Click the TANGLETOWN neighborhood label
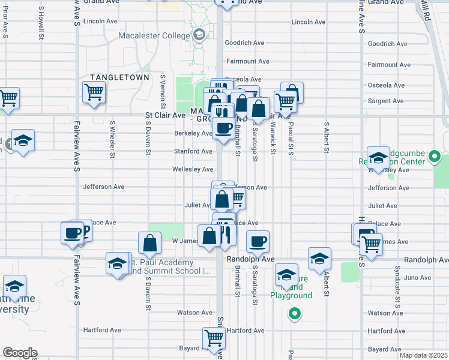point(115,77)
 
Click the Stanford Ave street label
point(193,151)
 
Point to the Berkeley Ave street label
point(193,133)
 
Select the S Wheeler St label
point(112,140)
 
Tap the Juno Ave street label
point(418,277)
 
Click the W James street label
point(185,241)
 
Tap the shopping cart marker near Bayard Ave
point(214,338)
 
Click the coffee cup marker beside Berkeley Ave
point(223,128)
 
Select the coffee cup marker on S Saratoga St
point(258,241)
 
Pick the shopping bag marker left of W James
point(149,243)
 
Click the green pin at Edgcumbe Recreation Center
point(435,159)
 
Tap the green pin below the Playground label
point(294,313)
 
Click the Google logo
point(20,353)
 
